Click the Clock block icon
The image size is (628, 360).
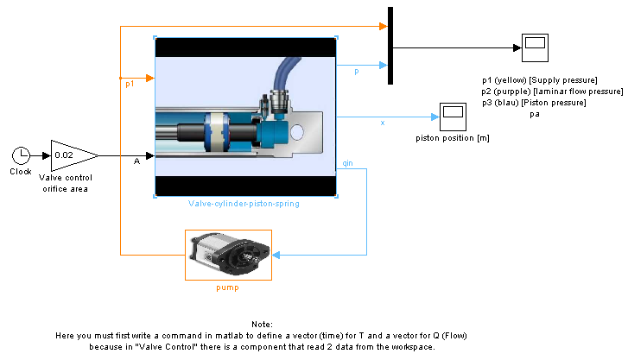(21, 155)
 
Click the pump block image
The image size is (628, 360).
(228, 255)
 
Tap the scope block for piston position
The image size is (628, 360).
(453, 115)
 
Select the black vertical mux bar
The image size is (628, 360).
(390, 46)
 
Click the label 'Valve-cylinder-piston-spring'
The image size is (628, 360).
(244, 204)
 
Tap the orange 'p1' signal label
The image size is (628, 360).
(130, 85)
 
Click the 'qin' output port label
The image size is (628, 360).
(347, 161)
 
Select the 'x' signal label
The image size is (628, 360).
(382, 123)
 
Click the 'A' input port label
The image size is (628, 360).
(136, 161)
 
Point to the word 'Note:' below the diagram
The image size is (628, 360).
(262, 324)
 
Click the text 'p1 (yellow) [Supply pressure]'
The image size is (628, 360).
(534, 80)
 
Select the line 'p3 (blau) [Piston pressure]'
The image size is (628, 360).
(534, 103)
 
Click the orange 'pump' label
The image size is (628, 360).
(228, 287)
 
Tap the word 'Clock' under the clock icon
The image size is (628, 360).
(21, 171)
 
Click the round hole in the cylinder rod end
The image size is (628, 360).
(298, 132)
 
